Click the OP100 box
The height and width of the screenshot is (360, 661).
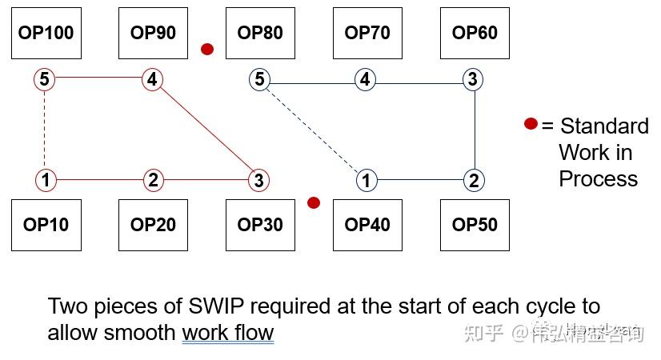[46, 33]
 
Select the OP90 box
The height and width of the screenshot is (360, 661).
[153, 33]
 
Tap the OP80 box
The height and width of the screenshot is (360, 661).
[260, 33]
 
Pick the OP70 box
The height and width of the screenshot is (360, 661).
[367, 33]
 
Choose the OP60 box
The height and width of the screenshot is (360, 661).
[475, 33]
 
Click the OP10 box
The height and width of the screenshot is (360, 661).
[46, 225]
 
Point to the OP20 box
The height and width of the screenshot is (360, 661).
[153, 225]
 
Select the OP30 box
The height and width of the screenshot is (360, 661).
[260, 225]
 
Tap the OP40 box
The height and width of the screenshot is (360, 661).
[367, 225]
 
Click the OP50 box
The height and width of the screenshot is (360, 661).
[475, 225]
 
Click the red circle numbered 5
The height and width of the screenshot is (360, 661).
[44, 79]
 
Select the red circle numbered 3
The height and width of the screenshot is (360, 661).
[258, 180]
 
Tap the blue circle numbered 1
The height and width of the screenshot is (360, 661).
[366, 180]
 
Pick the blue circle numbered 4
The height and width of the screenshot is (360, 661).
[365, 79]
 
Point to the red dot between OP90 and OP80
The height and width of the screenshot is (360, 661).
[207, 49]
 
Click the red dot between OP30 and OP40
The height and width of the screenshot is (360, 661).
[314, 202]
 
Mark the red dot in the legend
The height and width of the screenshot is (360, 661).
[531, 124]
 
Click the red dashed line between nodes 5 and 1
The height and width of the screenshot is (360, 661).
[44, 130]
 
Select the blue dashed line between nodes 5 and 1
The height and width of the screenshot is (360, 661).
[312, 130]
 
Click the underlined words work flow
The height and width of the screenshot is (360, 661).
[228, 333]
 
